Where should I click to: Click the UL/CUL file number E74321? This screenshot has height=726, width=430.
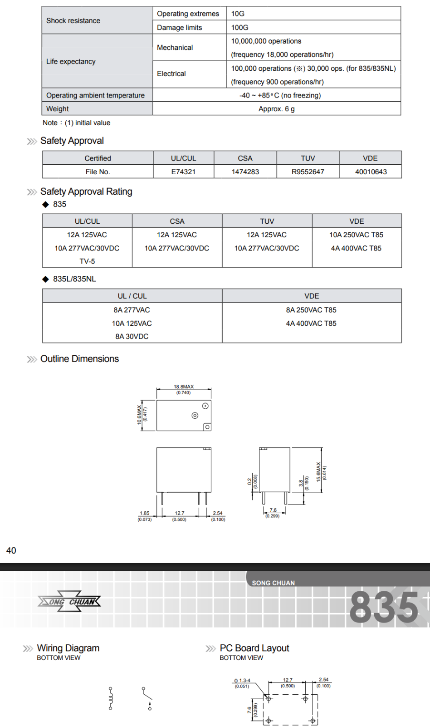(183, 172)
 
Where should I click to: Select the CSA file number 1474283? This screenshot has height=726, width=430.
(245, 172)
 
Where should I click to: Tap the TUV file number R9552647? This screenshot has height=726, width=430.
(308, 172)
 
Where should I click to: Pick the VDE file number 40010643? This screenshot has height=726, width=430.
(371, 172)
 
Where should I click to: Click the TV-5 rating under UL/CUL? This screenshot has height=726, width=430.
(87, 261)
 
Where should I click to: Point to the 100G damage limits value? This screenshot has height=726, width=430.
(239, 27)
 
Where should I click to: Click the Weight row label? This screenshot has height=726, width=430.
(58, 109)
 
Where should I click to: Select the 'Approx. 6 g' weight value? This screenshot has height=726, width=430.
(277, 109)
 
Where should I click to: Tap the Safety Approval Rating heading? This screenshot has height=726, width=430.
(86, 191)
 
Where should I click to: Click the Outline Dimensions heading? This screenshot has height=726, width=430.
(79, 359)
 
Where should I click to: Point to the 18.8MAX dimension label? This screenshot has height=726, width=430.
(184, 387)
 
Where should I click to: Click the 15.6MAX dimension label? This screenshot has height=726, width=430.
(318, 472)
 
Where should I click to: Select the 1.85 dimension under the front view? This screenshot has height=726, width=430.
(145, 513)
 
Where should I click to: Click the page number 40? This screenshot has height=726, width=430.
(11, 550)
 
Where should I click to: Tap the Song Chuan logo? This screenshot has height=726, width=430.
(69, 602)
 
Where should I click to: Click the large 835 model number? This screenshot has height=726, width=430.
(384, 607)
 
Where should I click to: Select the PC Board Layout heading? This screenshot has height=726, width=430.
(254, 648)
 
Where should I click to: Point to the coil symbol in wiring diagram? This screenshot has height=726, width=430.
(110, 698)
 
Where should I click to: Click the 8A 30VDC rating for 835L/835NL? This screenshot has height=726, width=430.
(132, 336)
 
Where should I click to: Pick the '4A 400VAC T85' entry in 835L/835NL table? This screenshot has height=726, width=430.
(311, 324)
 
